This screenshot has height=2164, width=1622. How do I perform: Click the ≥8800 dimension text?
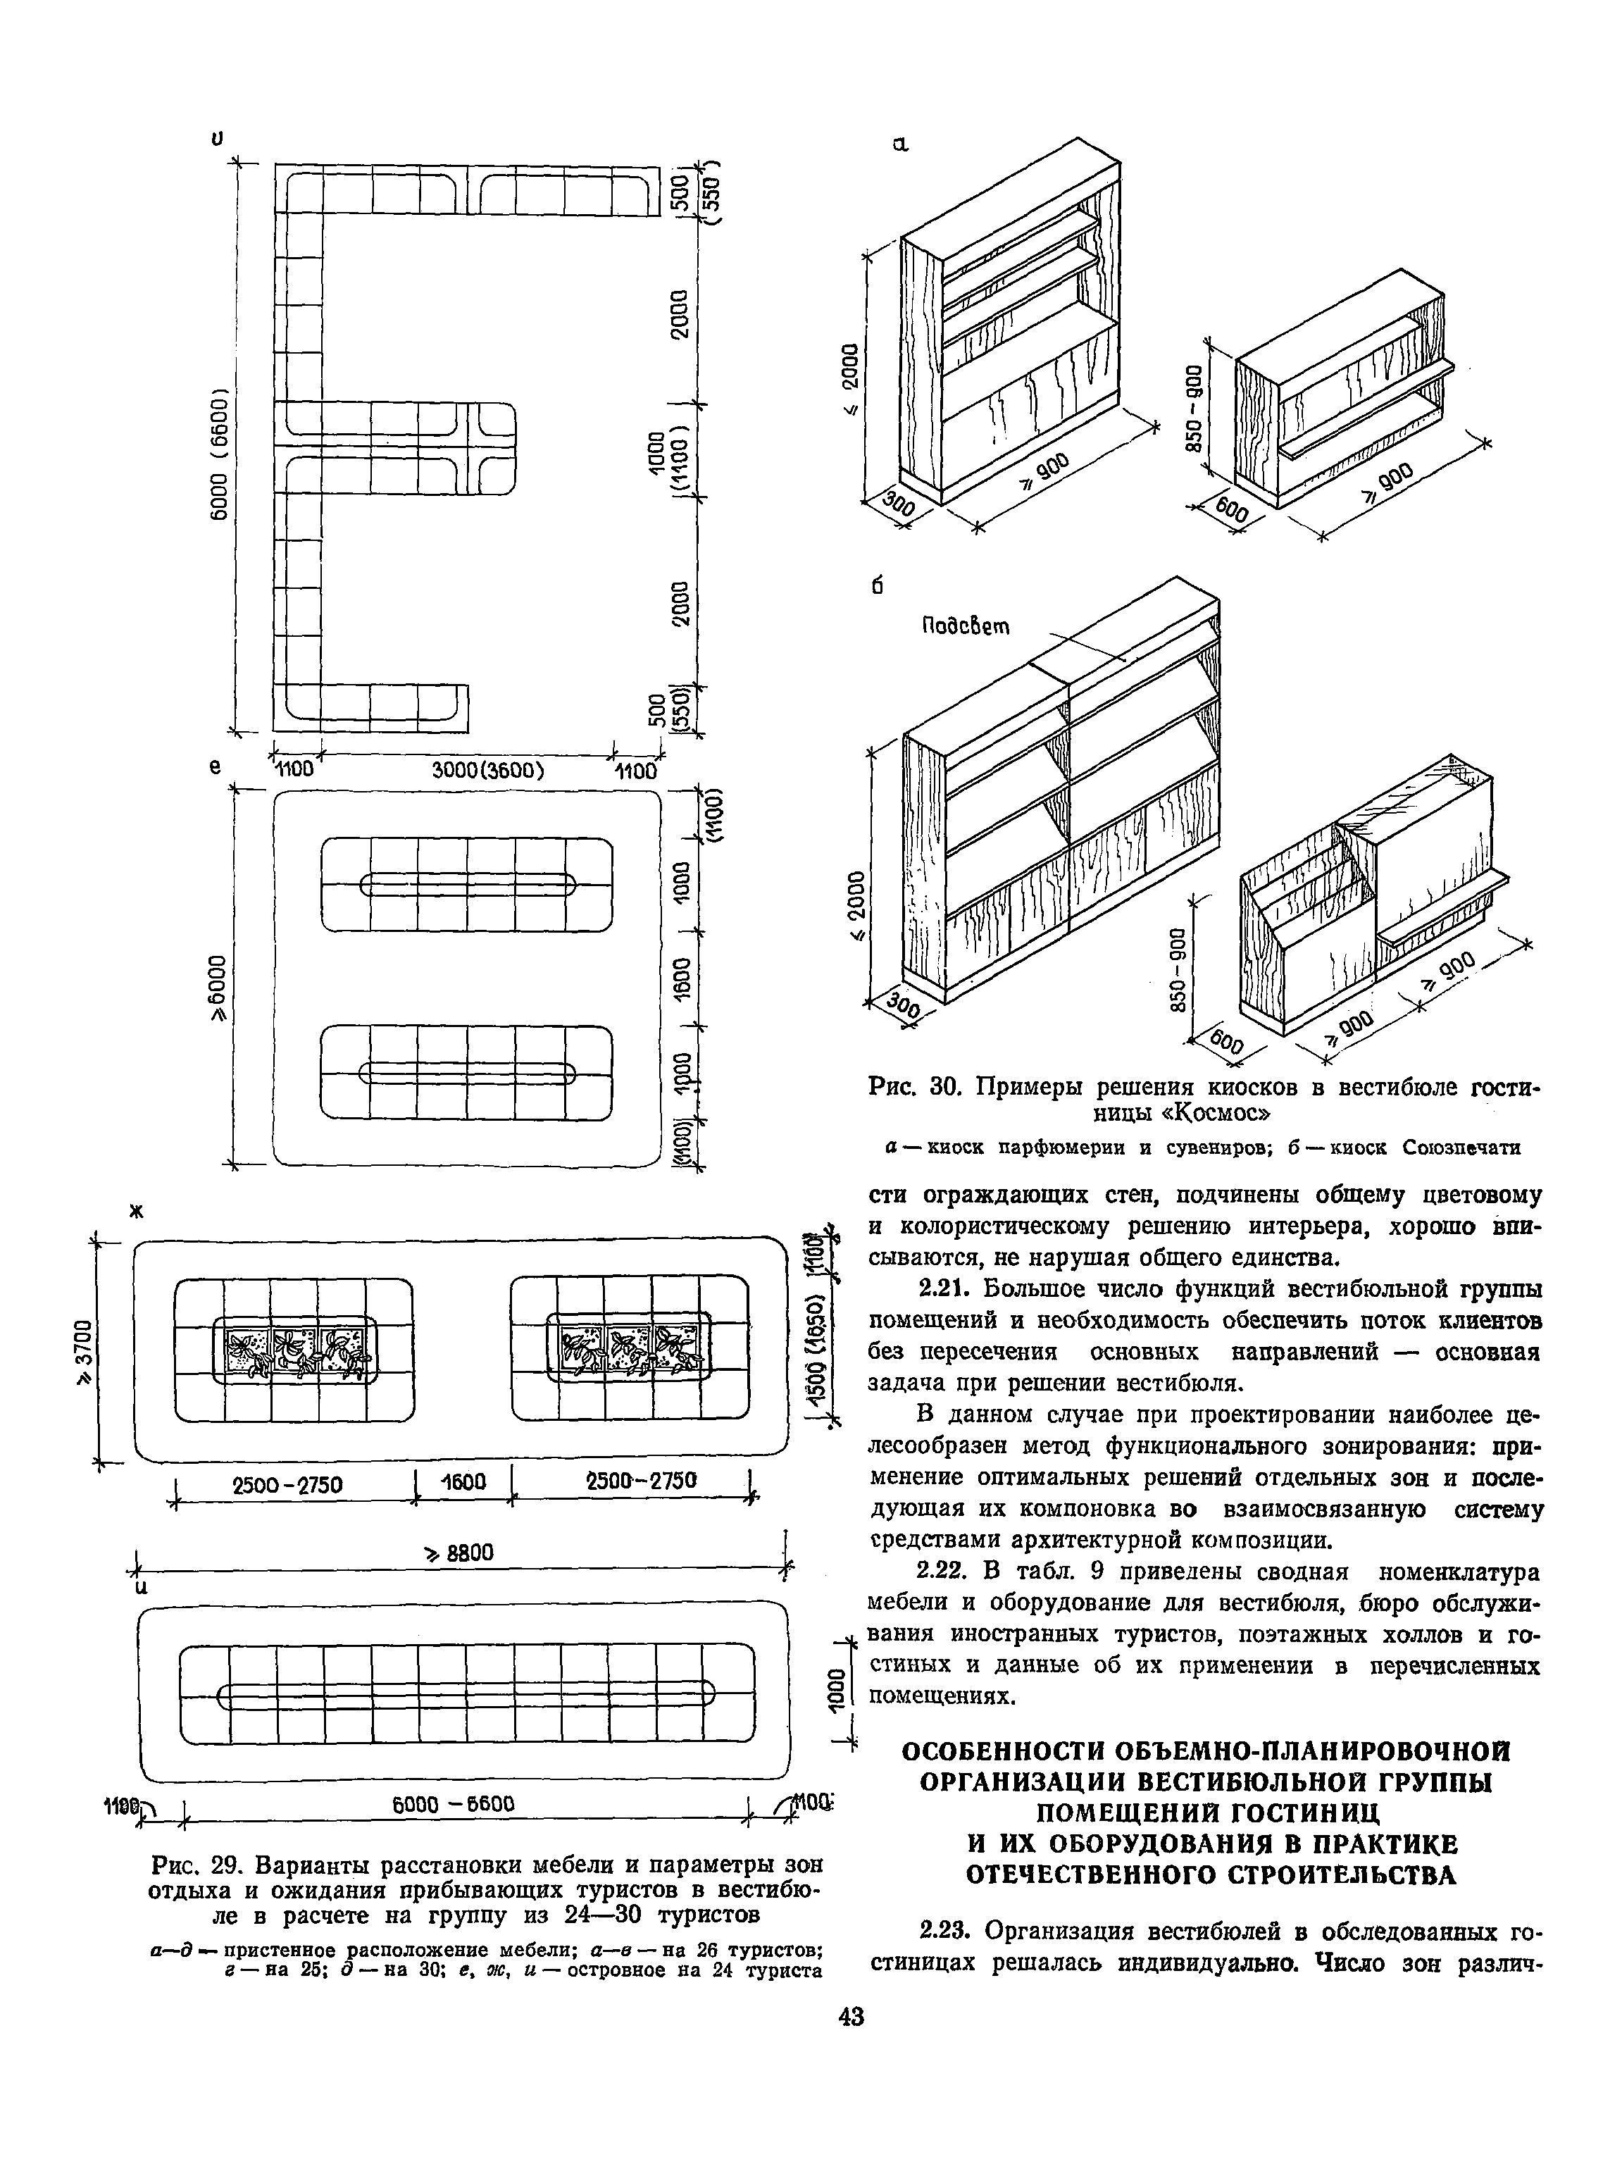click(458, 1553)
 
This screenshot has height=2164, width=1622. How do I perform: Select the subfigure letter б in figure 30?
click(877, 586)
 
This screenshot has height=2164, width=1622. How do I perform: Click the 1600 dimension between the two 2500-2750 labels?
click(463, 1482)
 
